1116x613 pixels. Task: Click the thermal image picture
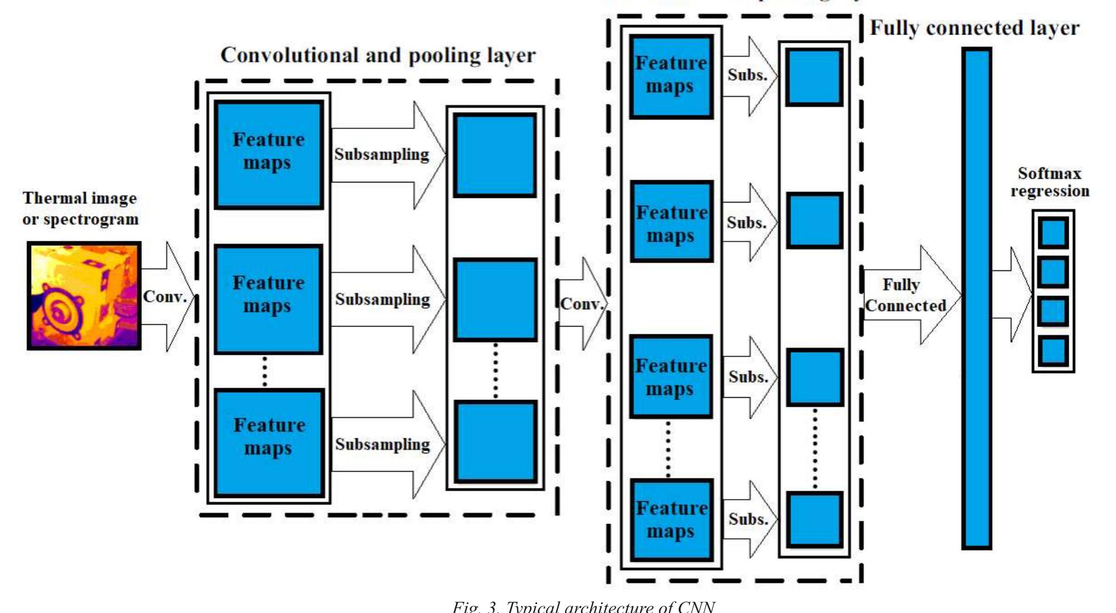tap(84, 295)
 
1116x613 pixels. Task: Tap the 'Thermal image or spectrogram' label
tap(80, 209)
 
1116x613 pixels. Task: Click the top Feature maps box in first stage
tap(269, 155)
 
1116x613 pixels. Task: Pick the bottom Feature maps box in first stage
tap(269, 442)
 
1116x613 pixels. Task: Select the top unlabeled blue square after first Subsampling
tap(495, 155)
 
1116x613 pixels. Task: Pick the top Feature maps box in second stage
tap(671, 77)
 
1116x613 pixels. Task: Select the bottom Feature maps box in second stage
tap(672, 520)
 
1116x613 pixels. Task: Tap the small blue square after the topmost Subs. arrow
tap(814, 77)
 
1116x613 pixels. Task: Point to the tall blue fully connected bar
tap(977, 298)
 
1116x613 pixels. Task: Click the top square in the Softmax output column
tap(1053, 233)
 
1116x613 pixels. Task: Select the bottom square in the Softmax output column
tap(1053, 351)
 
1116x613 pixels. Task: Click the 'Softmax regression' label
tap(1049, 182)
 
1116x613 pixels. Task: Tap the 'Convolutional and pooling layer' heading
tap(378, 56)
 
